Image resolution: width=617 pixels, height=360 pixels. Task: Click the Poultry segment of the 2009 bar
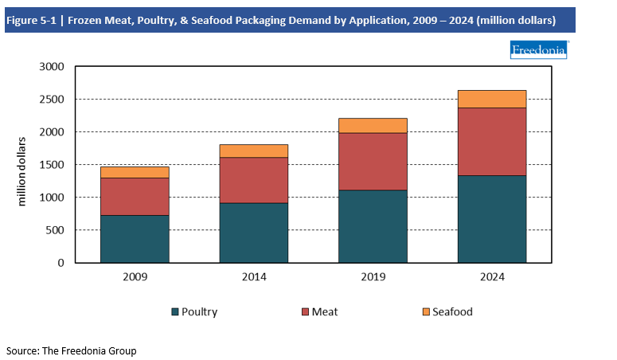[135, 238]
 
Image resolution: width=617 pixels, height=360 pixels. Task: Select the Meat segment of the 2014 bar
[254, 180]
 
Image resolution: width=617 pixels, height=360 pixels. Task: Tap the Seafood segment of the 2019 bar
[373, 125]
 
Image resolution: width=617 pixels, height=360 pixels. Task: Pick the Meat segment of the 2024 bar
[492, 141]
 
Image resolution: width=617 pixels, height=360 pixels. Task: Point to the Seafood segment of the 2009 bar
[135, 172]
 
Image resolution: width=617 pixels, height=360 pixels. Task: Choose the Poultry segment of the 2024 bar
[492, 218]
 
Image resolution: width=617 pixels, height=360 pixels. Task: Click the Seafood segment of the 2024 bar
[492, 99]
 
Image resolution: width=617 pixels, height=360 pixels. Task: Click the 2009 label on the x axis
[135, 276]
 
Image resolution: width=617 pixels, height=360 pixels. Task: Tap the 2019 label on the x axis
[373, 276]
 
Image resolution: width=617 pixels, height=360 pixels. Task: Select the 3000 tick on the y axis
[51, 67]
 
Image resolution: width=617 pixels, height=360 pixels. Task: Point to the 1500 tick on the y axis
[51, 165]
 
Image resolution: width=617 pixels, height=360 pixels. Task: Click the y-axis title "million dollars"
[21, 171]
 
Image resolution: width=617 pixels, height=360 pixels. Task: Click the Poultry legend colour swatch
[175, 311]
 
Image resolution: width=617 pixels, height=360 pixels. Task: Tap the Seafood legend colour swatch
[425, 311]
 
